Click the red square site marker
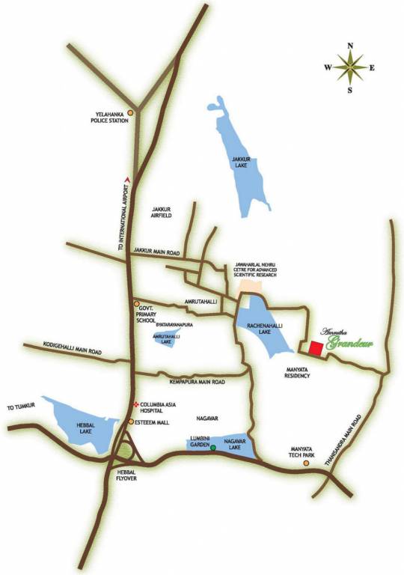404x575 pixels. click(316, 348)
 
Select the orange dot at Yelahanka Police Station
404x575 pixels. click(131, 113)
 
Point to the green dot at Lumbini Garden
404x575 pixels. click(213, 448)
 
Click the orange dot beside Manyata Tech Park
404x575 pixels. click(306, 463)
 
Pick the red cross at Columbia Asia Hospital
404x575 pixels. click(135, 405)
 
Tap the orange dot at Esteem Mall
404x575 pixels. click(130, 422)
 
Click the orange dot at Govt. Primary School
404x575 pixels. click(136, 304)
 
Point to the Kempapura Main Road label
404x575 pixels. click(198, 383)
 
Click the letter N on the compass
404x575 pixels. click(350, 46)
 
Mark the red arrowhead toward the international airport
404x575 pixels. click(129, 178)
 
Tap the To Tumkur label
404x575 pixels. click(22, 407)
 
